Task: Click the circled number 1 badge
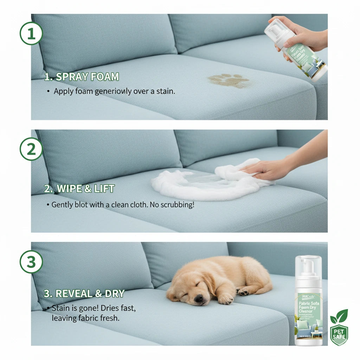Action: point(31,33)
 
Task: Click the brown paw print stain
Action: point(229,81)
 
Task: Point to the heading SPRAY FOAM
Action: point(82,77)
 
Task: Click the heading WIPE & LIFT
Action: point(79,189)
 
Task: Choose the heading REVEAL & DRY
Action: point(84,294)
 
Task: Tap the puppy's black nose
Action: point(199,298)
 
